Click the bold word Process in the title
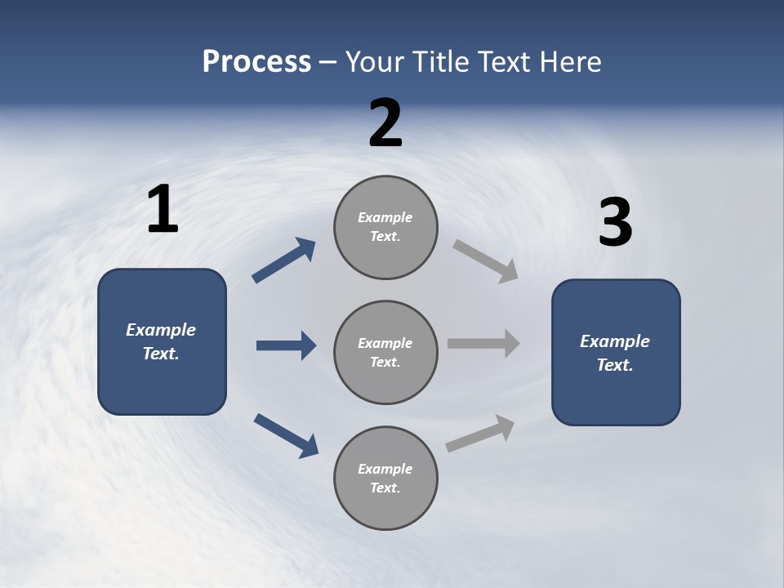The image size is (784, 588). [x=256, y=62]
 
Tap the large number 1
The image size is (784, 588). [x=163, y=210]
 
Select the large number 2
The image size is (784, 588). [x=385, y=124]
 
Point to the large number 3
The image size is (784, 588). [x=615, y=223]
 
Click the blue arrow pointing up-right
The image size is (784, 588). [x=283, y=261]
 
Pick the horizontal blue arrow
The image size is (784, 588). [x=286, y=345]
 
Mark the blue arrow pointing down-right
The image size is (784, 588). [x=286, y=435]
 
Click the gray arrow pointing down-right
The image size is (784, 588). [x=485, y=261]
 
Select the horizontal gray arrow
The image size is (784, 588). [x=483, y=344]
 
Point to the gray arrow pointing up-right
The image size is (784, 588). [x=480, y=434]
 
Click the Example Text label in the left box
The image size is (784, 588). [x=161, y=341]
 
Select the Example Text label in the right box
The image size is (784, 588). [x=615, y=353]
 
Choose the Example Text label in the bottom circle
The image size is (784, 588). [x=385, y=478]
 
